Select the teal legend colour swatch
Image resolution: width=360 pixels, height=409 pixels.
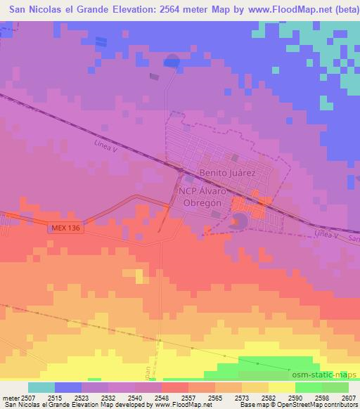(41, 387)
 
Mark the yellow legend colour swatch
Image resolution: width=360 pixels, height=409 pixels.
(281, 387)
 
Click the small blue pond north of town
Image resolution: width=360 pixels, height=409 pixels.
(172, 61)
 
